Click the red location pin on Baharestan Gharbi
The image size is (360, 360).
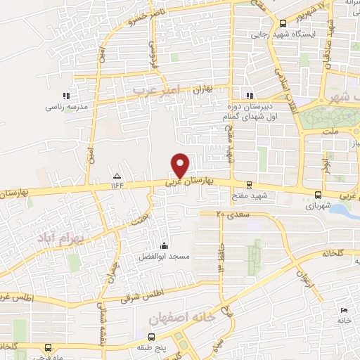tap(181, 165)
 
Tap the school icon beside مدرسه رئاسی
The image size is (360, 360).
tap(66, 96)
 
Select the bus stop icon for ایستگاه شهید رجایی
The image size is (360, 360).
tap(283, 23)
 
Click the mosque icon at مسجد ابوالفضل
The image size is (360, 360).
tap(164, 245)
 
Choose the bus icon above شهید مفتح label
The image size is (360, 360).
tap(249, 184)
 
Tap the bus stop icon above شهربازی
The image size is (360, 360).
tap(319, 195)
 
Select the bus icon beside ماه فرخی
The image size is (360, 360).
tap(47, 347)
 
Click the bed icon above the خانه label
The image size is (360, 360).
tap(343, 310)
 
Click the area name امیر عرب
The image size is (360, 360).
tap(157, 90)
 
